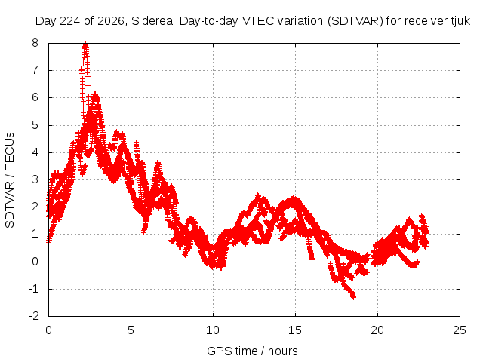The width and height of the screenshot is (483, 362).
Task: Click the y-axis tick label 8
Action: (x=35, y=43)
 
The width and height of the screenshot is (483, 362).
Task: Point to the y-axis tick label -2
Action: (x=33, y=316)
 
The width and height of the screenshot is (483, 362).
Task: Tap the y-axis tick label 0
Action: (x=35, y=262)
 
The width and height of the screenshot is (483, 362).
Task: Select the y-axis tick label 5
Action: (x=35, y=125)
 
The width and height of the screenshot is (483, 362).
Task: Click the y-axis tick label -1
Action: (x=33, y=289)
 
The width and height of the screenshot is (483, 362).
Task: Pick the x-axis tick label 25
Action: (x=460, y=330)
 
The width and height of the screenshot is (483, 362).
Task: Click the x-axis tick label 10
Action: (x=213, y=330)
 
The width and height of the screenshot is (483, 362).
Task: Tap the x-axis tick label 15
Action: (x=295, y=330)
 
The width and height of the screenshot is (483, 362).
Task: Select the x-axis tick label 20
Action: (x=377, y=330)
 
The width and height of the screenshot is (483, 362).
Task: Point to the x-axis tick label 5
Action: (x=131, y=330)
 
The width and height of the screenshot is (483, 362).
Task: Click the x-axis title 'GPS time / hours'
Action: (x=252, y=351)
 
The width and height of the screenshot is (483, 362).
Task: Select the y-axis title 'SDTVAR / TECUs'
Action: (x=10, y=180)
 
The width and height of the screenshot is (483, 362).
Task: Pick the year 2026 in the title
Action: (x=111, y=21)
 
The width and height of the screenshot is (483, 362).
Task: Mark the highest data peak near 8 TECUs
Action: (x=85, y=44)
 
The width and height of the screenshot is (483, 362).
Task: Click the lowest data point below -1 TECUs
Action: (x=353, y=296)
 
